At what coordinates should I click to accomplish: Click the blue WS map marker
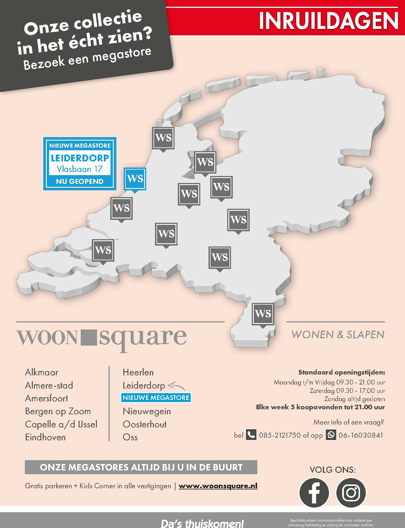pyautogui.click(x=135, y=179)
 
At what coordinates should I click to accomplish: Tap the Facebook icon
pyautogui.click(x=314, y=493)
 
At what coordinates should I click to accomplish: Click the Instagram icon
pyautogui.click(x=351, y=493)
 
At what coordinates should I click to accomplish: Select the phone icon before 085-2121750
pyautogui.click(x=251, y=435)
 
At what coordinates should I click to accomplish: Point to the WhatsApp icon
pyautogui.click(x=331, y=435)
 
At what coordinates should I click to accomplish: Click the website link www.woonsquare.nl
pyautogui.click(x=218, y=486)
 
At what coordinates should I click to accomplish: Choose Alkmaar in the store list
pyautogui.click(x=42, y=372)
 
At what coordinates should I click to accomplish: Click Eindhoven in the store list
pyautogui.click(x=45, y=437)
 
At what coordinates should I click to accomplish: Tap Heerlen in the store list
pyautogui.click(x=138, y=372)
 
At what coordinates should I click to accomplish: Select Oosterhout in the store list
pyautogui.click(x=144, y=424)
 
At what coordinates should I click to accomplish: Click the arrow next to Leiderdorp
pyautogui.click(x=176, y=386)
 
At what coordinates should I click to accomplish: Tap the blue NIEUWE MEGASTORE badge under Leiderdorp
pyautogui.click(x=156, y=398)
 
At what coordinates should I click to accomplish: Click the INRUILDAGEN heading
pyautogui.click(x=328, y=21)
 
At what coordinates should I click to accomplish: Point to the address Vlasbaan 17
pyautogui.click(x=80, y=169)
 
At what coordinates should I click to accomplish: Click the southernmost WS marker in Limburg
pyautogui.click(x=263, y=314)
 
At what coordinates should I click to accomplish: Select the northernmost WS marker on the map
pyautogui.click(x=163, y=138)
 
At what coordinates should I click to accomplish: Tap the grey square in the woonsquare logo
pyautogui.click(x=88, y=337)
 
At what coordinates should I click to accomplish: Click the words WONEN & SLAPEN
pyautogui.click(x=338, y=335)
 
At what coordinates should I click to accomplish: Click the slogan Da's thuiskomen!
pyautogui.click(x=202, y=523)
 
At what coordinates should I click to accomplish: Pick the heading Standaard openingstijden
pyautogui.click(x=342, y=372)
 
